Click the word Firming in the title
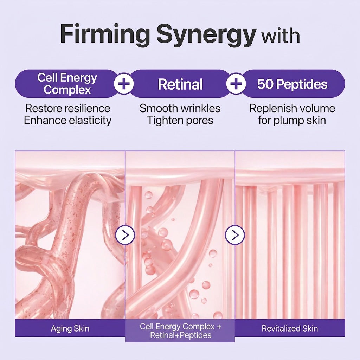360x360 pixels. [x=105, y=34]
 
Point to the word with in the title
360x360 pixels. [x=281, y=36]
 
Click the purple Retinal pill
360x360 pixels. [x=180, y=84]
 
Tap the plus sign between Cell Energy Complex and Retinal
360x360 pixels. [x=124, y=84]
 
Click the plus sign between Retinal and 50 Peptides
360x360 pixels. [x=236, y=84]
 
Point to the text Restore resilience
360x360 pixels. [x=68, y=108]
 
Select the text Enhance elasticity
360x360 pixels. [x=68, y=120]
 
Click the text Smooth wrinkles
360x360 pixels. [x=180, y=108]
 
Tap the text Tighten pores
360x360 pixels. [x=180, y=120]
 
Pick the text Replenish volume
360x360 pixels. [x=292, y=108]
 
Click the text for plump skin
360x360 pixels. [x=292, y=120]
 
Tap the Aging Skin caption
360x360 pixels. [x=70, y=329]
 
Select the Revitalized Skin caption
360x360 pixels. [x=290, y=329]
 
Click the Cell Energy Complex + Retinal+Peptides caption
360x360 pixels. [x=180, y=331]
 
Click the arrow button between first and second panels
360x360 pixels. [x=125, y=235]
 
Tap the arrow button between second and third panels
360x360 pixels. [x=235, y=235]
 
